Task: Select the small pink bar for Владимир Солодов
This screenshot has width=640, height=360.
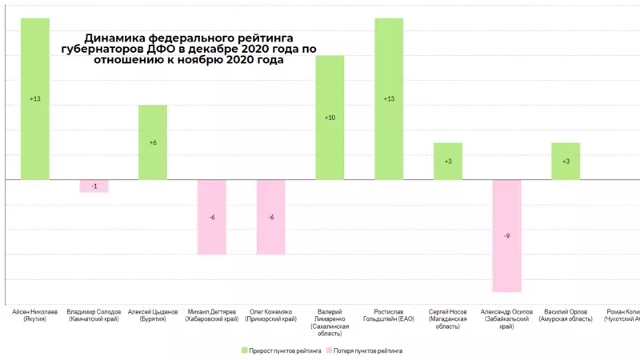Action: coord(94,186)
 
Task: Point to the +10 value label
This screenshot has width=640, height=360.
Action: coord(330,118)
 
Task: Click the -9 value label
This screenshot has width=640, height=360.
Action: coord(507,236)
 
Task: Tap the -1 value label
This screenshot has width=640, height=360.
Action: coord(94,186)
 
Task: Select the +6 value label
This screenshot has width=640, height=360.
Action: coord(153,142)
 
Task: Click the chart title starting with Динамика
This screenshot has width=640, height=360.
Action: coord(189,49)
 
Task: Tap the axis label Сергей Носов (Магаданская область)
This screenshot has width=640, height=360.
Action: coord(448,318)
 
